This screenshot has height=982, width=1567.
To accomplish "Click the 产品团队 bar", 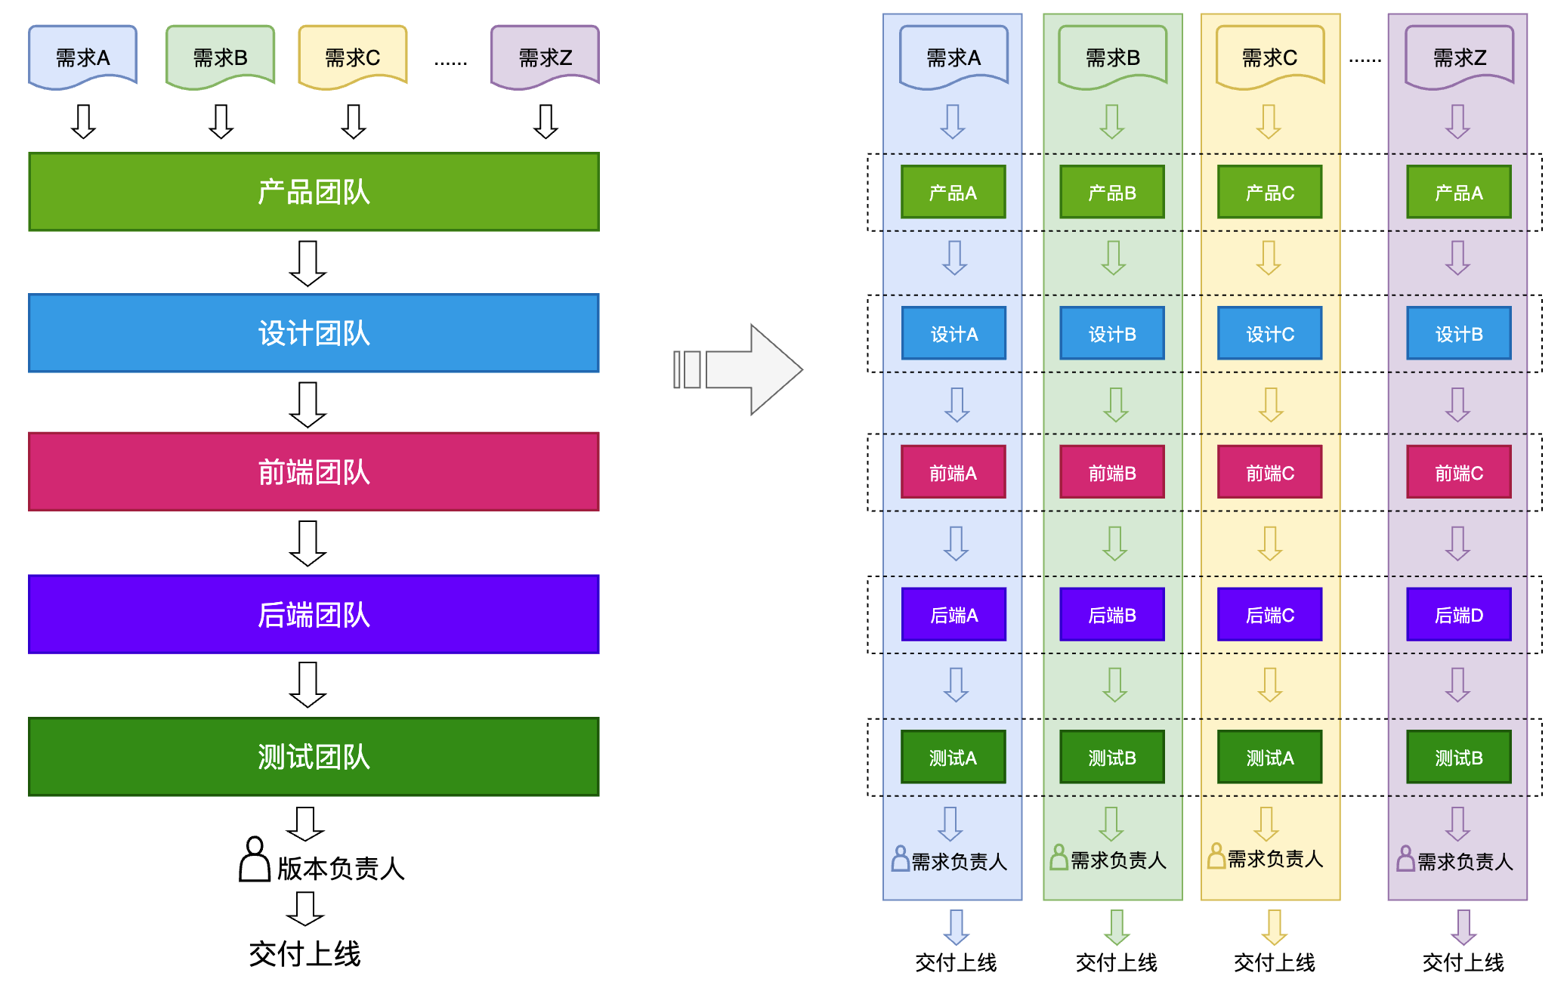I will point(314,192).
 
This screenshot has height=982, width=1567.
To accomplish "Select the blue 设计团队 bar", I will point(314,333).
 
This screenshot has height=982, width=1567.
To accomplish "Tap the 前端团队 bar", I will point(314,472).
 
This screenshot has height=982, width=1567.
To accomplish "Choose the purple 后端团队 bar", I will point(314,614).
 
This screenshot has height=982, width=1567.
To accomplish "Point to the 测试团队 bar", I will point(314,756).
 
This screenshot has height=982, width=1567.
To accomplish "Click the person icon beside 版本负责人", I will point(255,860).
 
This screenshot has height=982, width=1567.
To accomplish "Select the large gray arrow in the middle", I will point(739,369).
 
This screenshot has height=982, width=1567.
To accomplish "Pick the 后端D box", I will point(1458,615).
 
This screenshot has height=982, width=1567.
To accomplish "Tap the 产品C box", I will point(1269,193).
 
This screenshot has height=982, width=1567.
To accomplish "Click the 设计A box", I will point(953,333).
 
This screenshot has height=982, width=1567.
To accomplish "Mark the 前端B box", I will point(1111,472).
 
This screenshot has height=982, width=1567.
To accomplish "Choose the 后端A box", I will point(953,615).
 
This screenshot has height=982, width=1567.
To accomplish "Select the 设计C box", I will point(1269,333).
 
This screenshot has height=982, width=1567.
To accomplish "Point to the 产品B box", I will point(1111,193).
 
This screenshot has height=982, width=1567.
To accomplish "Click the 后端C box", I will point(1269,615).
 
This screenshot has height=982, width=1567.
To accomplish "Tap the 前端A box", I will point(953,472).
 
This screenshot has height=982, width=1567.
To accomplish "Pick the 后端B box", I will point(1111,615).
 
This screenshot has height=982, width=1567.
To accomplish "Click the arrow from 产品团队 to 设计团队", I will point(308,263).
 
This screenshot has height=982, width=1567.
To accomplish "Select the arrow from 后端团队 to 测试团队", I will point(308,684).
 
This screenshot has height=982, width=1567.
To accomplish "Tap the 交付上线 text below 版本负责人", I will point(304,954).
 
